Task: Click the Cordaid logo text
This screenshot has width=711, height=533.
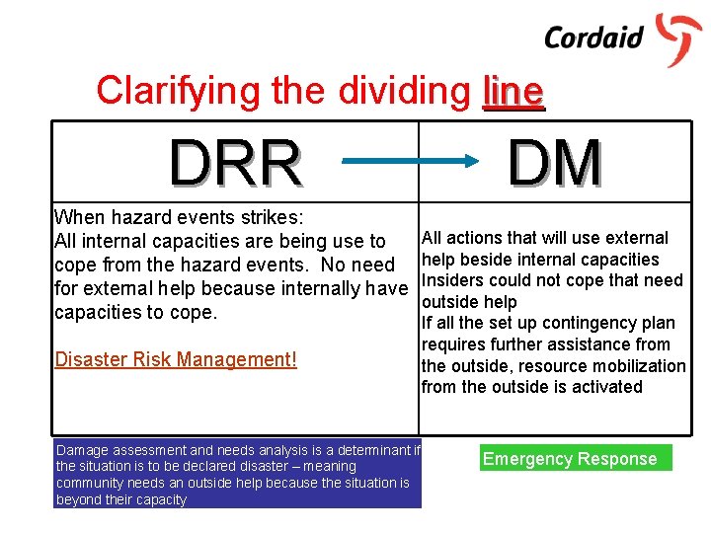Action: coord(593,38)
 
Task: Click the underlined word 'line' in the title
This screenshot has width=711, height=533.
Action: coord(513,91)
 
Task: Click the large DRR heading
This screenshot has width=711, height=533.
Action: coord(235,164)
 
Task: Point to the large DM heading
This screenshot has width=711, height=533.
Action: coord(555,163)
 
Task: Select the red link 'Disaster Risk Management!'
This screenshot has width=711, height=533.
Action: coord(176,359)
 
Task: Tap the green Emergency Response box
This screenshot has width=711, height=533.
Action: coord(570,458)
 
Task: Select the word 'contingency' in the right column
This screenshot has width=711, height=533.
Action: coord(566,323)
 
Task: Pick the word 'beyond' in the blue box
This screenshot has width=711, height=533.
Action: coord(79,500)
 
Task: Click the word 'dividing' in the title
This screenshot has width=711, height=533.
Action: coord(405,91)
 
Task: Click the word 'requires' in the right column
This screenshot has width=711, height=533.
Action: coord(452,344)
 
